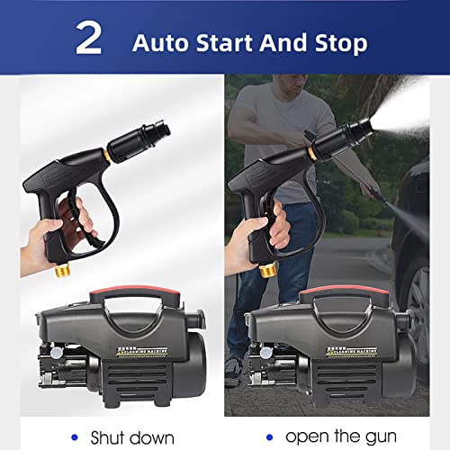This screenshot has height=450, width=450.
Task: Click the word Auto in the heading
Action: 162,41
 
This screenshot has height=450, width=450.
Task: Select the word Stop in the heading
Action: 339,41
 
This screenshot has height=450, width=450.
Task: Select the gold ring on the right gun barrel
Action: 312,150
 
